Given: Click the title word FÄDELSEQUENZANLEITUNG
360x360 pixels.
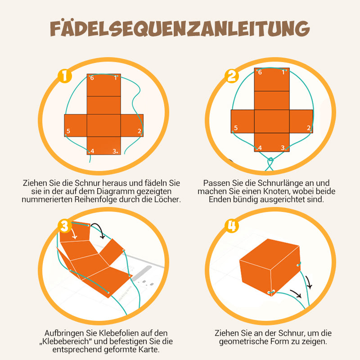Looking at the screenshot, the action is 180,28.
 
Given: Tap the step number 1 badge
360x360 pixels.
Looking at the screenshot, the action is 65,76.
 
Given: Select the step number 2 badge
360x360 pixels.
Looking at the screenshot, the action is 232,76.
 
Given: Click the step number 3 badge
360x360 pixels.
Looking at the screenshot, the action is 65,226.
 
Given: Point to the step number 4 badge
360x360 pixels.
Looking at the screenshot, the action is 232,226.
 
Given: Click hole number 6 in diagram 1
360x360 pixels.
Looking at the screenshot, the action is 89,76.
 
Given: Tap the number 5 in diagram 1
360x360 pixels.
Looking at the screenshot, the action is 68,131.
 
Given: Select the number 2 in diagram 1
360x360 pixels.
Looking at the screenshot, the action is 139,131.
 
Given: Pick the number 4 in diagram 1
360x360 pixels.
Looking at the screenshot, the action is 92,151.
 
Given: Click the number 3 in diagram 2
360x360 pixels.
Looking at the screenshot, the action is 283,148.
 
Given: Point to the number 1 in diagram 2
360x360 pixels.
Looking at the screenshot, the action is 283,72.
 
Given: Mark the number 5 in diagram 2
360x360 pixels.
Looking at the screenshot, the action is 236,128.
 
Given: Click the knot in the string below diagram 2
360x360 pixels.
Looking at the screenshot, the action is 271,159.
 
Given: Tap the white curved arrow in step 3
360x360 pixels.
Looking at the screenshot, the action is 74,234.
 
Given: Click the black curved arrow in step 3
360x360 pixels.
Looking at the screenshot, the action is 99,229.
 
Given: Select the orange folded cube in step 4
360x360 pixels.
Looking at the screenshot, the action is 270,267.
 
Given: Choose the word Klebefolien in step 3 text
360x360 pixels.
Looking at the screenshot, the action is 119,333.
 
